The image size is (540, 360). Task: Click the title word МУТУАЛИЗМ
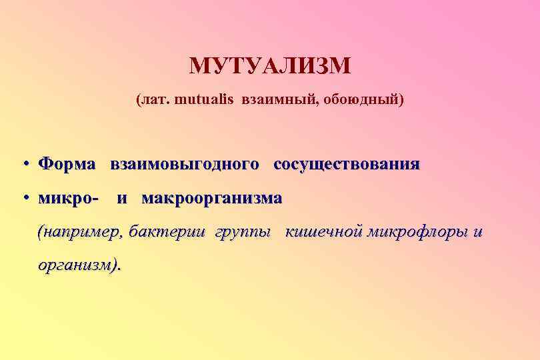[x=269, y=66]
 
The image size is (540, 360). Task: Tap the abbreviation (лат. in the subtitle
[x=153, y=101]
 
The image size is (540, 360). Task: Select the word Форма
[x=67, y=164]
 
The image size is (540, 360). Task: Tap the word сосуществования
[x=347, y=164]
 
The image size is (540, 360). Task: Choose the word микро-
[x=69, y=199]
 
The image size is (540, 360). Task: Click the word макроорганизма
[x=212, y=199]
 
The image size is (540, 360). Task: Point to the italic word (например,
[x=81, y=233]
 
